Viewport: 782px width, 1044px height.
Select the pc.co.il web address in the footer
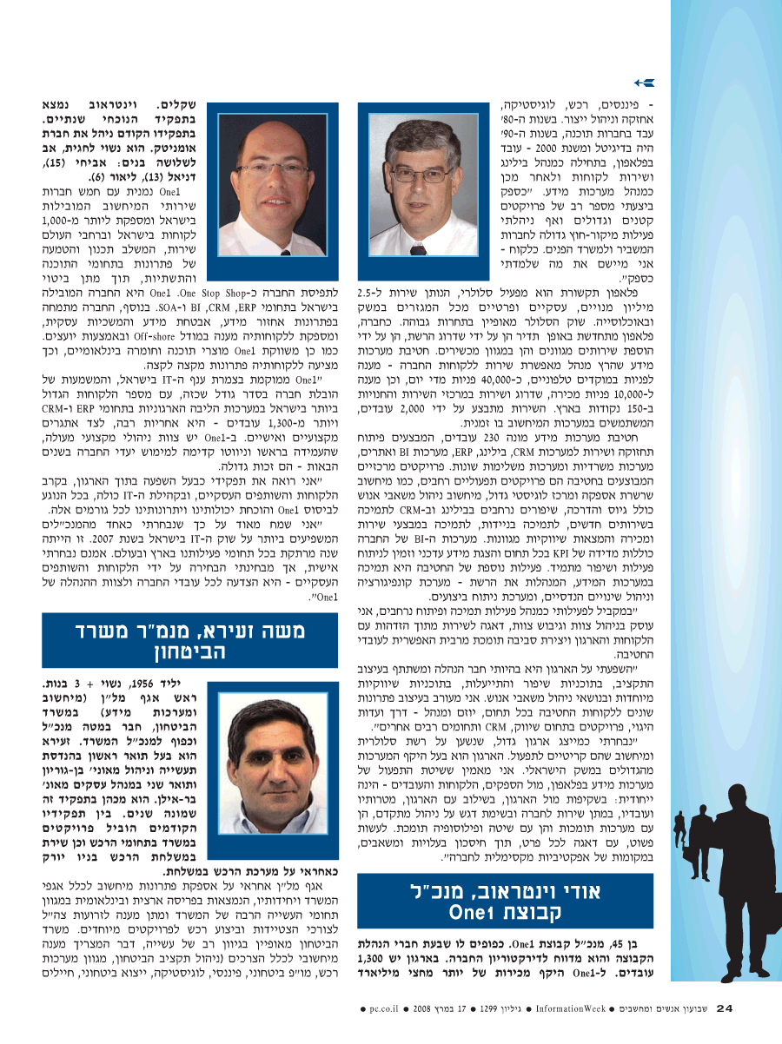[x=383, y=1009]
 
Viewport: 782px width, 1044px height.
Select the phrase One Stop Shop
[x=199, y=294]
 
